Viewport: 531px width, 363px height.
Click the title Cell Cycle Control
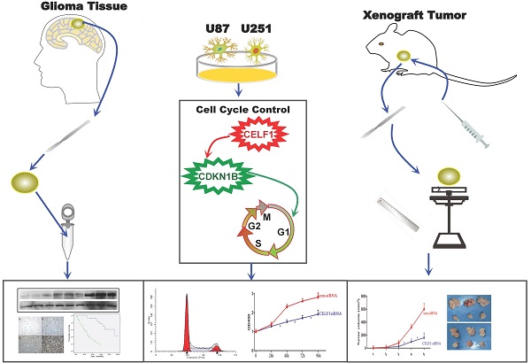263,109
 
